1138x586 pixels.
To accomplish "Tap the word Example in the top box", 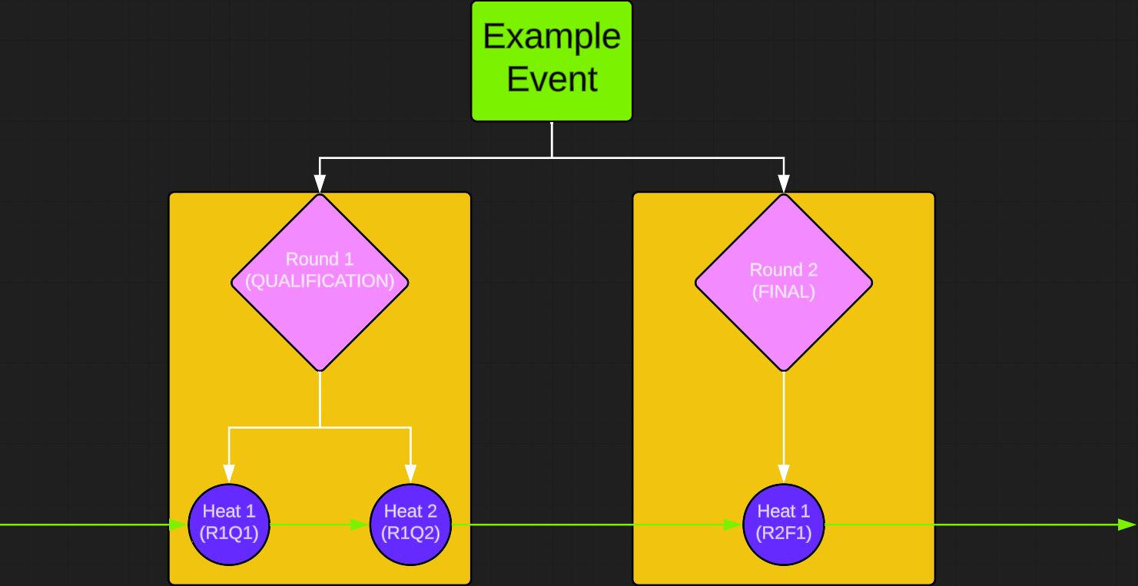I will point(551,36).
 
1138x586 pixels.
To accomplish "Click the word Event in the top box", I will point(551,79).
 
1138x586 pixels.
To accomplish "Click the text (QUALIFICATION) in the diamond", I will point(320,281).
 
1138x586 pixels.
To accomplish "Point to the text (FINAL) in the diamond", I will point(783,292).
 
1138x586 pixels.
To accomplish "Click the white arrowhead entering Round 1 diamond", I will point(320,184).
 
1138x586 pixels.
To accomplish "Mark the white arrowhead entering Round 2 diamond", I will point(783,184).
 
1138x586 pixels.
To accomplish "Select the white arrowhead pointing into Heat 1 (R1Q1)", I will point(229,474).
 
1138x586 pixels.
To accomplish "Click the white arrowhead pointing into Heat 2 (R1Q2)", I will point(410,474).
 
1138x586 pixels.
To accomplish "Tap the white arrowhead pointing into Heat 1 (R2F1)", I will point(783,474).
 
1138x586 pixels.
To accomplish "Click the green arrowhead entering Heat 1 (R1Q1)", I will point(180,525).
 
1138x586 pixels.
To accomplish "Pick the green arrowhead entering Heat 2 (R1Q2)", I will point(360,525).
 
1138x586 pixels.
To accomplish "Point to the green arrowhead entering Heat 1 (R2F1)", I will point(733,525).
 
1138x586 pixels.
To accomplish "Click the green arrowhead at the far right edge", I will point(1126,525).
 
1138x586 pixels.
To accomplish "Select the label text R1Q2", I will point(410,534).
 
